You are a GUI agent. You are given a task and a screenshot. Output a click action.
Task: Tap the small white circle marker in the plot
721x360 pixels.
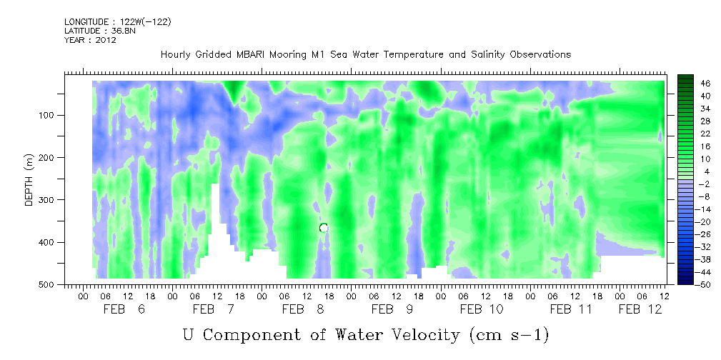coord(324,228)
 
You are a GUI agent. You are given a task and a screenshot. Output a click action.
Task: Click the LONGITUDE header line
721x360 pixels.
coord(117,21)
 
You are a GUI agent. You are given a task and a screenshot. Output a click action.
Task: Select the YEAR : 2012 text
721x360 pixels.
coord(90,40)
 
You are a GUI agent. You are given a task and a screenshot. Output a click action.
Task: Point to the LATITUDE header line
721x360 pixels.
coord(100,31)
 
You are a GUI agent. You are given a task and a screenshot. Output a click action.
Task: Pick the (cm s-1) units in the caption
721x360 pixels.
coord(508,334)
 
